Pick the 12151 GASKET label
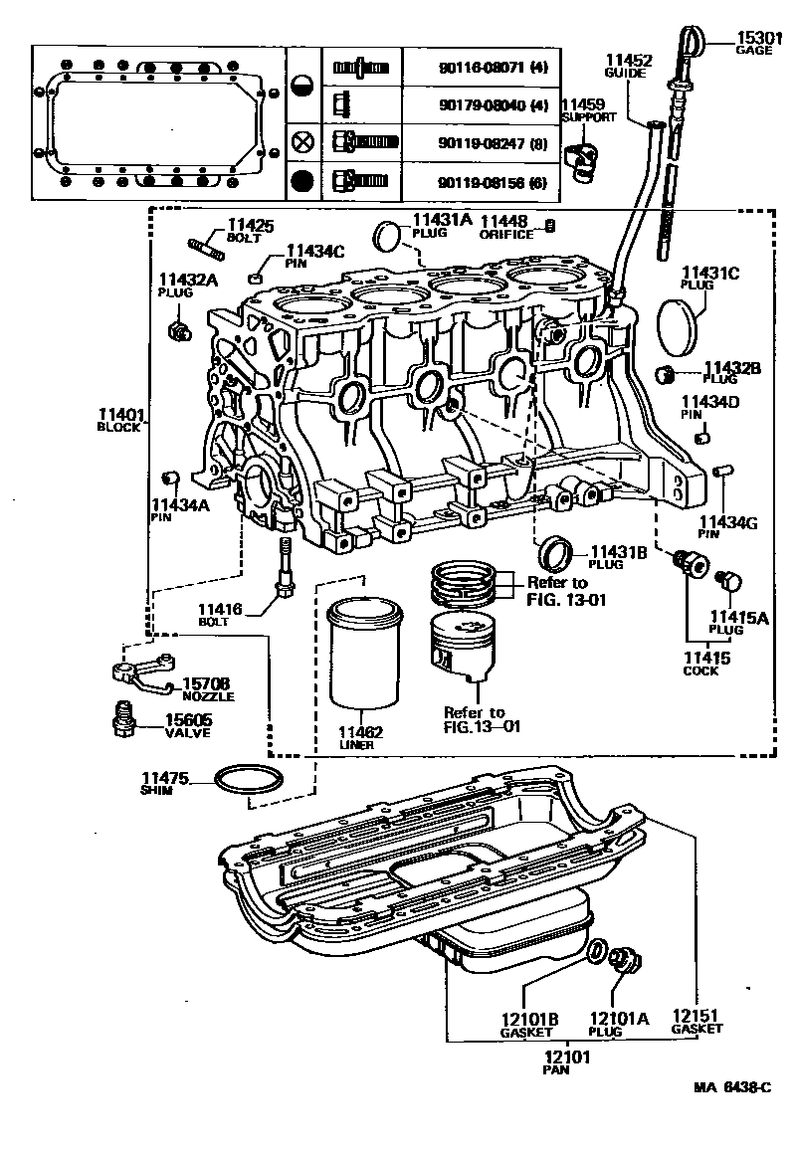(x=696, y=1021)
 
